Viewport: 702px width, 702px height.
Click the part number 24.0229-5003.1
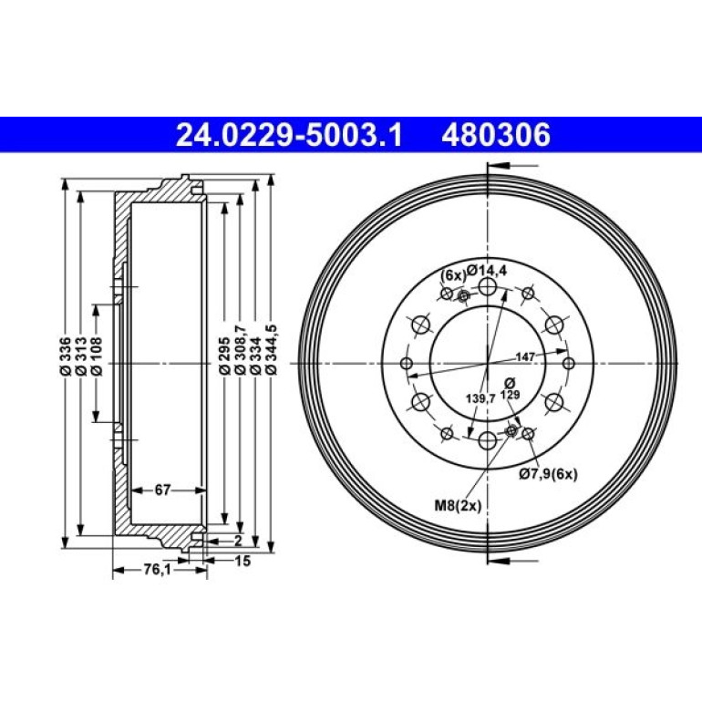point(289,135)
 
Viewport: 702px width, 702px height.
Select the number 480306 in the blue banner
point(496,135)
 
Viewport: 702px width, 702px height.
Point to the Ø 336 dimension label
point(66,356)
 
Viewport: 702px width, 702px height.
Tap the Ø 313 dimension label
point(81,356)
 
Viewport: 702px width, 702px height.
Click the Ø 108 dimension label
point(97,356)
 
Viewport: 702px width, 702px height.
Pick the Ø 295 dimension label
point(224,356)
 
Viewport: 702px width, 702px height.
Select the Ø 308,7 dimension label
point(241,350)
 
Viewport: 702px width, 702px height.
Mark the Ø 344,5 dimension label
point(271,350)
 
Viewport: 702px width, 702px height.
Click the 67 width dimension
point(162,490)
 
